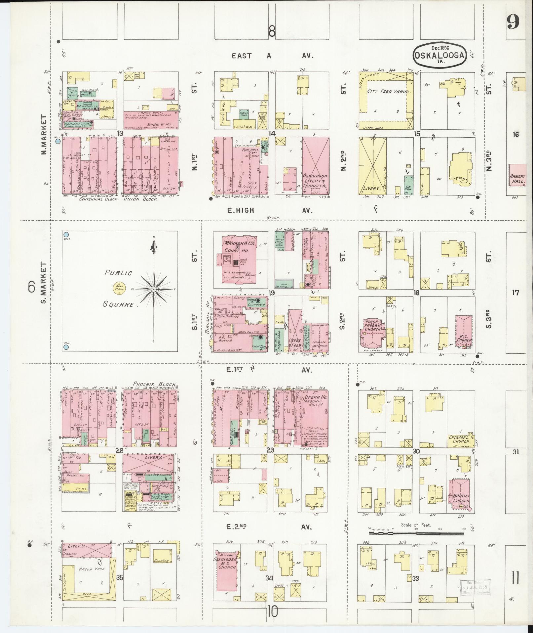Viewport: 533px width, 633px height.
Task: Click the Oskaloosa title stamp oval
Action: pos(439,55)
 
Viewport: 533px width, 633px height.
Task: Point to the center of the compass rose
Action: pos(154,289)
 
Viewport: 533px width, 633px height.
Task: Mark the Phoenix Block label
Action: pos(154,384)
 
